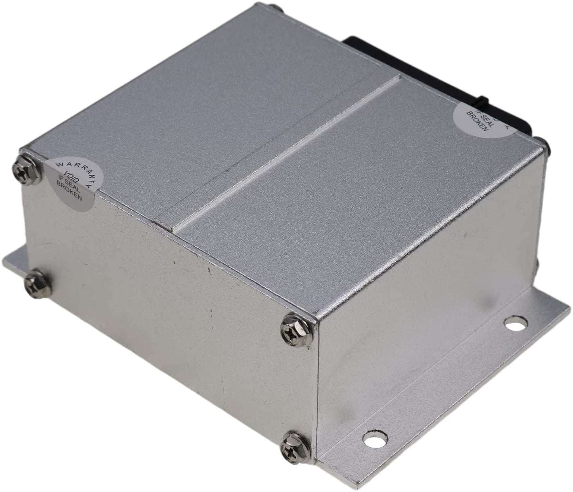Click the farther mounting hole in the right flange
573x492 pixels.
pyautogui.click(x=515, y=324)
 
